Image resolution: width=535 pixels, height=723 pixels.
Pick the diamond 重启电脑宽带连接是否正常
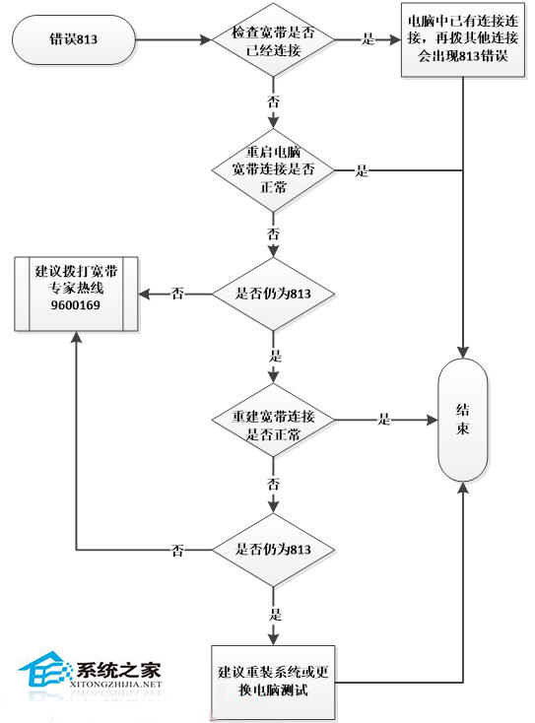(274, 170)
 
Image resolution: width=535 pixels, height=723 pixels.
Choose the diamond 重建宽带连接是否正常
(274, 421)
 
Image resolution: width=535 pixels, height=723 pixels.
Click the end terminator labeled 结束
(462, 421)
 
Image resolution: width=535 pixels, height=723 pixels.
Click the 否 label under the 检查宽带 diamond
(273, 101)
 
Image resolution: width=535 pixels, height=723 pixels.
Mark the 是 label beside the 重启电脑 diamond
(362, 171)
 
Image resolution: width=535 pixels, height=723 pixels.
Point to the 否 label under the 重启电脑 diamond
(273, 233)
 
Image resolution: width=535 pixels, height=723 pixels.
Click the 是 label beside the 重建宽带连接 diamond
(385, 421)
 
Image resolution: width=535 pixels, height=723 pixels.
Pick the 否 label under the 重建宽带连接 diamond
(273, 485)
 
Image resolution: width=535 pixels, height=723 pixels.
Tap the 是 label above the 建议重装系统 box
(273, 614)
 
